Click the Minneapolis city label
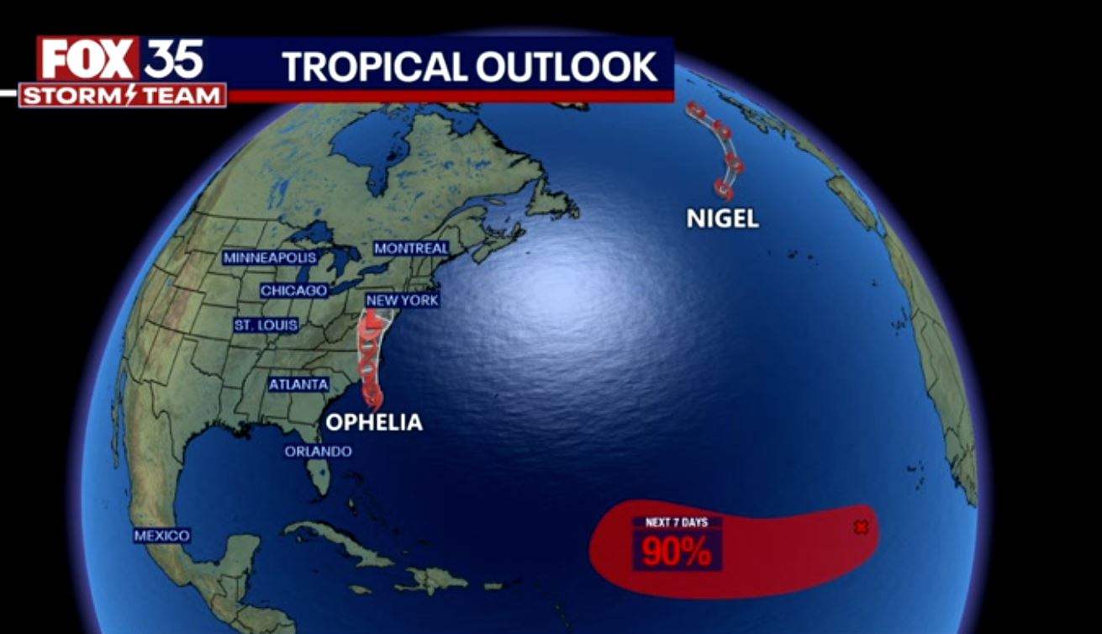[270, 257]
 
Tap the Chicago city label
[293, 290]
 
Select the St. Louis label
[266, 325]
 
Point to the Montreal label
[411, 248]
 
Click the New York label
[402, 300]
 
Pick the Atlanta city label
[298, 384]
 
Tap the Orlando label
[318, 452]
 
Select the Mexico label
[162, 535]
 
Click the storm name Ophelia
[374, 422]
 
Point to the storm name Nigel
[723, 219]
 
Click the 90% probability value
[677, 552]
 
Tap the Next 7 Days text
[677, 522]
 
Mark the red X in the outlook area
[861, 527]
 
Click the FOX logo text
[87, 60]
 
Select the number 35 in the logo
[174, 59]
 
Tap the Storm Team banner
[123, 96]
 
